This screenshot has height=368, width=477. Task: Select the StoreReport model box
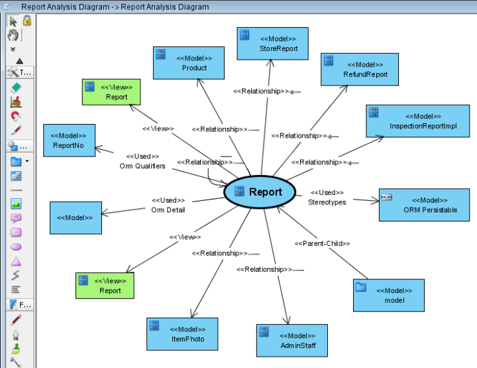[x=272, y=44]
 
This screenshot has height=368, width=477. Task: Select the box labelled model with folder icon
[x=388, y=294]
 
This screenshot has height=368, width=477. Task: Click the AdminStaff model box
[x=291, y=340]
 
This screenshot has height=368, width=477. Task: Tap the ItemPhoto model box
[x=181, y=334]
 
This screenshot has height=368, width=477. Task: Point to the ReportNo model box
[x=69, y=140]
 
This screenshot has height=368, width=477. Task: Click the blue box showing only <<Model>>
[x=76, y=218]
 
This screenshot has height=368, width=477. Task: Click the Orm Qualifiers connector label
[x=142, y=166]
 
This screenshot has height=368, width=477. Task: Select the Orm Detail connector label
[x=168, y=210]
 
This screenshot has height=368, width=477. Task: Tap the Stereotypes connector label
[x=327, y=202]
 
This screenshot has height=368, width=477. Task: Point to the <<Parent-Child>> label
[x=322, y=243]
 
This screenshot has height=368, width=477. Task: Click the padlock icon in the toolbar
[x=27, y=21]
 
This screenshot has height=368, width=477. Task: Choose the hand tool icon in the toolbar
[x=14, y=34]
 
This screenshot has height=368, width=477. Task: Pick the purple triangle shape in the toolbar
[x=17, y=261]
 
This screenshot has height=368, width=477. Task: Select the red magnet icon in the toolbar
[x=17, y=115]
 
